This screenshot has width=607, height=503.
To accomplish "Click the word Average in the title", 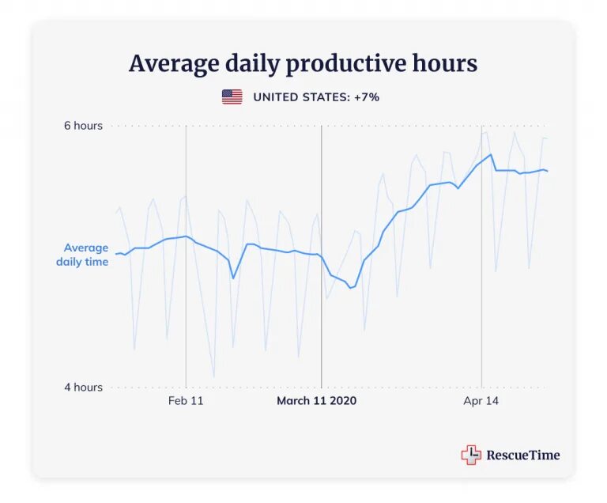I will pyautogui.click(x=165, y=63).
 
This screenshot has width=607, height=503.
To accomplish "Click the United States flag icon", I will pyautogui.click(x=232, y=97).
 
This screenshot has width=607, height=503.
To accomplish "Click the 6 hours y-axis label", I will pyautogui.click(x=83, y=126).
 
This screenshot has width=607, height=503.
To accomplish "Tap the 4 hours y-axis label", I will pyautogui.click(x=83, y=388).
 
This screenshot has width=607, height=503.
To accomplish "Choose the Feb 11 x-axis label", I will pyautogui.click(x=186, y=401).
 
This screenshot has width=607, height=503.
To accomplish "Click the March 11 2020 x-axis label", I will pyautogui.click(x=316, y=401).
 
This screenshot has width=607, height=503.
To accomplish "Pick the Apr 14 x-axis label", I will pyautogui.click(x=481, y=401).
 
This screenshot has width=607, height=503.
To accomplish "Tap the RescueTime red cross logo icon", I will pyautogui.click(x=471, y=455).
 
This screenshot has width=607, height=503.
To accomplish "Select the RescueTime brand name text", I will pyautogui.click(x=522, y=455).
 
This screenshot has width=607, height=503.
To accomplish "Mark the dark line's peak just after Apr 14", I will pyautogui.click(x=491, y=154).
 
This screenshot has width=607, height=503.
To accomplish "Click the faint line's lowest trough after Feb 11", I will pyautogui.click(x=213, y=377).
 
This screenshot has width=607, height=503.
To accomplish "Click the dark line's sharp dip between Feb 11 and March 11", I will pyautogui.click(x=233, y=278).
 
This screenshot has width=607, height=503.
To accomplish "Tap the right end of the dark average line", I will pyautogui.click(x=548, y=172).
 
